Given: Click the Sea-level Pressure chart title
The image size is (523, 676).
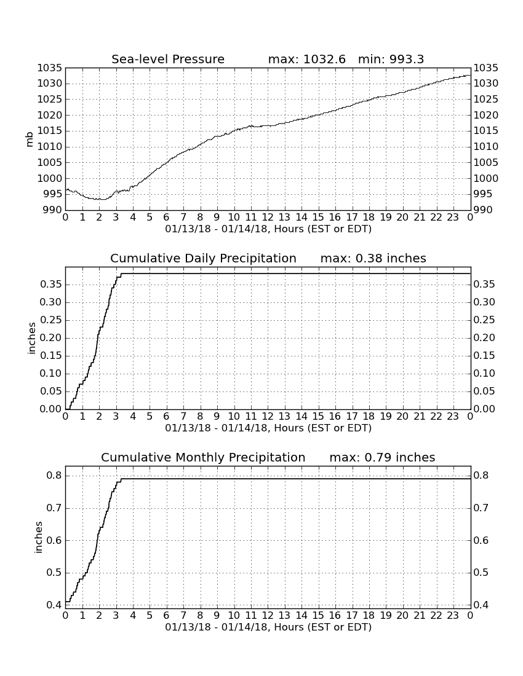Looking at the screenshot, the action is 168,59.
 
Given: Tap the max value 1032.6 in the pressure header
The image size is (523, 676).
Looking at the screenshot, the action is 324,59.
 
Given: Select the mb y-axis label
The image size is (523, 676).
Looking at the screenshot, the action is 30,140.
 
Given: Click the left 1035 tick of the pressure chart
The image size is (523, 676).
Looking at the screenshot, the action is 50,68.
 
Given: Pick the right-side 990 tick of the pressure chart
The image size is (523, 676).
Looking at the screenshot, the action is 483,210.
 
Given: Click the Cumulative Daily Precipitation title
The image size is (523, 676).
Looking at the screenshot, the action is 203,258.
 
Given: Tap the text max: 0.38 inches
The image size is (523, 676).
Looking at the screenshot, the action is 373,258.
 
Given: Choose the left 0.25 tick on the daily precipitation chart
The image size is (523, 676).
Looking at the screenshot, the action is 50,320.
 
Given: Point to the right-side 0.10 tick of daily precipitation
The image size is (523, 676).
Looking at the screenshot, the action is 484,374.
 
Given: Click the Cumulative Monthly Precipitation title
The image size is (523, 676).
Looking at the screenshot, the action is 203,457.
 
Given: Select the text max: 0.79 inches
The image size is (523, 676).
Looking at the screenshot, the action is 382,457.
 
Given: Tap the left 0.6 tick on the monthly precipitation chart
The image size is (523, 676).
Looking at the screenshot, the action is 54,540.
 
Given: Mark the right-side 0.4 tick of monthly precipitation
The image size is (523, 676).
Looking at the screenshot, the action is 481,605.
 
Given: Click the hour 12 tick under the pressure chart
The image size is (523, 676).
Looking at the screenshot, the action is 268,217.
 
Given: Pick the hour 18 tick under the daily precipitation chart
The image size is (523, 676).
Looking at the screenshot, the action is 369,416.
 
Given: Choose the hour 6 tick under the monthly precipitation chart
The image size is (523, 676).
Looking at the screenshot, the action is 166,615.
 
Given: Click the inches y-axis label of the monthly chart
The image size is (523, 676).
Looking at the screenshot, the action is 38,537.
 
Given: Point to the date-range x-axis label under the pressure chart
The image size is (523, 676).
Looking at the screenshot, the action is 268,229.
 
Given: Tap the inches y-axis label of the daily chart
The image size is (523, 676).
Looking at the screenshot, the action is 31,338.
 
